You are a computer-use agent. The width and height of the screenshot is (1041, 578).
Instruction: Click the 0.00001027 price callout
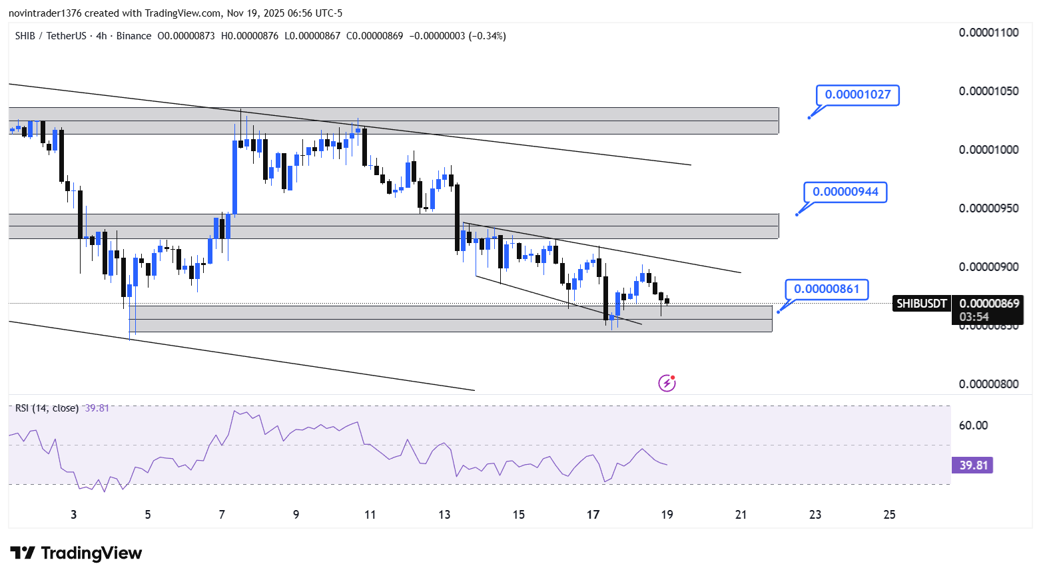(x=857, y=95)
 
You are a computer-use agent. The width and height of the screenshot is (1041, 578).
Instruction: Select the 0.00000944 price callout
(x=845, y=192)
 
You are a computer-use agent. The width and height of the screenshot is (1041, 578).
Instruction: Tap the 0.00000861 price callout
(x=827, y=289)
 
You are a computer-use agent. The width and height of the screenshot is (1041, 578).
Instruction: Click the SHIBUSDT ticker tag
(x=921, y=304)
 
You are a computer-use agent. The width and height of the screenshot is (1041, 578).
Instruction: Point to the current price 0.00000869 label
(x=989, y=304)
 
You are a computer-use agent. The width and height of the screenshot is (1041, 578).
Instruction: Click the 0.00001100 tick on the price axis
(x=988, y=33)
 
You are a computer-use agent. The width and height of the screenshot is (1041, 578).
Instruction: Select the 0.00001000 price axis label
(x=988, y=150)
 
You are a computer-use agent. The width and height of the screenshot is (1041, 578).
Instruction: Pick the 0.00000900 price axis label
(x=988, y=267)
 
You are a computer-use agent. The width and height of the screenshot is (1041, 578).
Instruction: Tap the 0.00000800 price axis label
(x=988, y=384)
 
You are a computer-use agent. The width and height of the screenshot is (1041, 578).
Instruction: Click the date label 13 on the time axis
(x=444, y=515)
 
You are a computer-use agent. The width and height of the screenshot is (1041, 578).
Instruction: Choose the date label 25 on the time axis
(x=889, y=515)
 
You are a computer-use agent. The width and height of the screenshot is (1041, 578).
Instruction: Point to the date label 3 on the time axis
(x=73, y=515)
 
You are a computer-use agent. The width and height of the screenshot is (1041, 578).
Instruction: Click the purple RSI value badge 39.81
(x=972, y=465)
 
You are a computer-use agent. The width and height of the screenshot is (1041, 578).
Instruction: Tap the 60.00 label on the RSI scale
(x=973, y=425)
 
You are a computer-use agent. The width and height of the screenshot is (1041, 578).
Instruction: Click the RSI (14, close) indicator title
(x=47, y=408)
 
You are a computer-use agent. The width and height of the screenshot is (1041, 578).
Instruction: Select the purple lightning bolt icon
(x=667, y=384)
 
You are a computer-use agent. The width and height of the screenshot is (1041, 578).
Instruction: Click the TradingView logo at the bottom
(x=76, y=553)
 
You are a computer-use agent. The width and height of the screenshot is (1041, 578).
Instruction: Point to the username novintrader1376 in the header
(x=45, y=13)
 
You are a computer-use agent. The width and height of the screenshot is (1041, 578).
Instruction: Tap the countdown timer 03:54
(x=974, y=317)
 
